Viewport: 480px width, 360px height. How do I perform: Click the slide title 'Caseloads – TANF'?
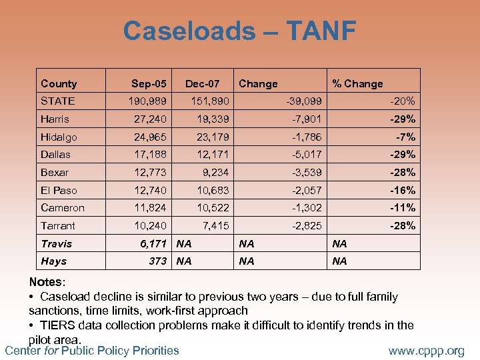pos(239,31)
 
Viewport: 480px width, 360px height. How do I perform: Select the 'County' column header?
pos(59,83)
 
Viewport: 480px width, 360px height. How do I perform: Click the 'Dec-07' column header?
pos(203,83)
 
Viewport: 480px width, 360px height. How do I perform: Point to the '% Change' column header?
pos(358,83)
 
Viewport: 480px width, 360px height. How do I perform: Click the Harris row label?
pos(55,119)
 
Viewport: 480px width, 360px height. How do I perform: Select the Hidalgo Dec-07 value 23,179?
pos(207,137)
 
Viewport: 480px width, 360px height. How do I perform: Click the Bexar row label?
pos(55,173)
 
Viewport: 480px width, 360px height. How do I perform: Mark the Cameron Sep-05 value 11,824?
pos(149,208)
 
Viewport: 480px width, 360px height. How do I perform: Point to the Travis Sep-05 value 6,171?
pos(153,243)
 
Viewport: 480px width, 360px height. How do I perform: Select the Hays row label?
pos(53,261)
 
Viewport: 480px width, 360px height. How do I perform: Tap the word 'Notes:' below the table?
pos(47,283)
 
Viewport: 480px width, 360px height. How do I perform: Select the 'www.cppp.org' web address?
pos(427,351)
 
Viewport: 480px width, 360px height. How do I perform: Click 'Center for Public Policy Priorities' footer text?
pos(92,350)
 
